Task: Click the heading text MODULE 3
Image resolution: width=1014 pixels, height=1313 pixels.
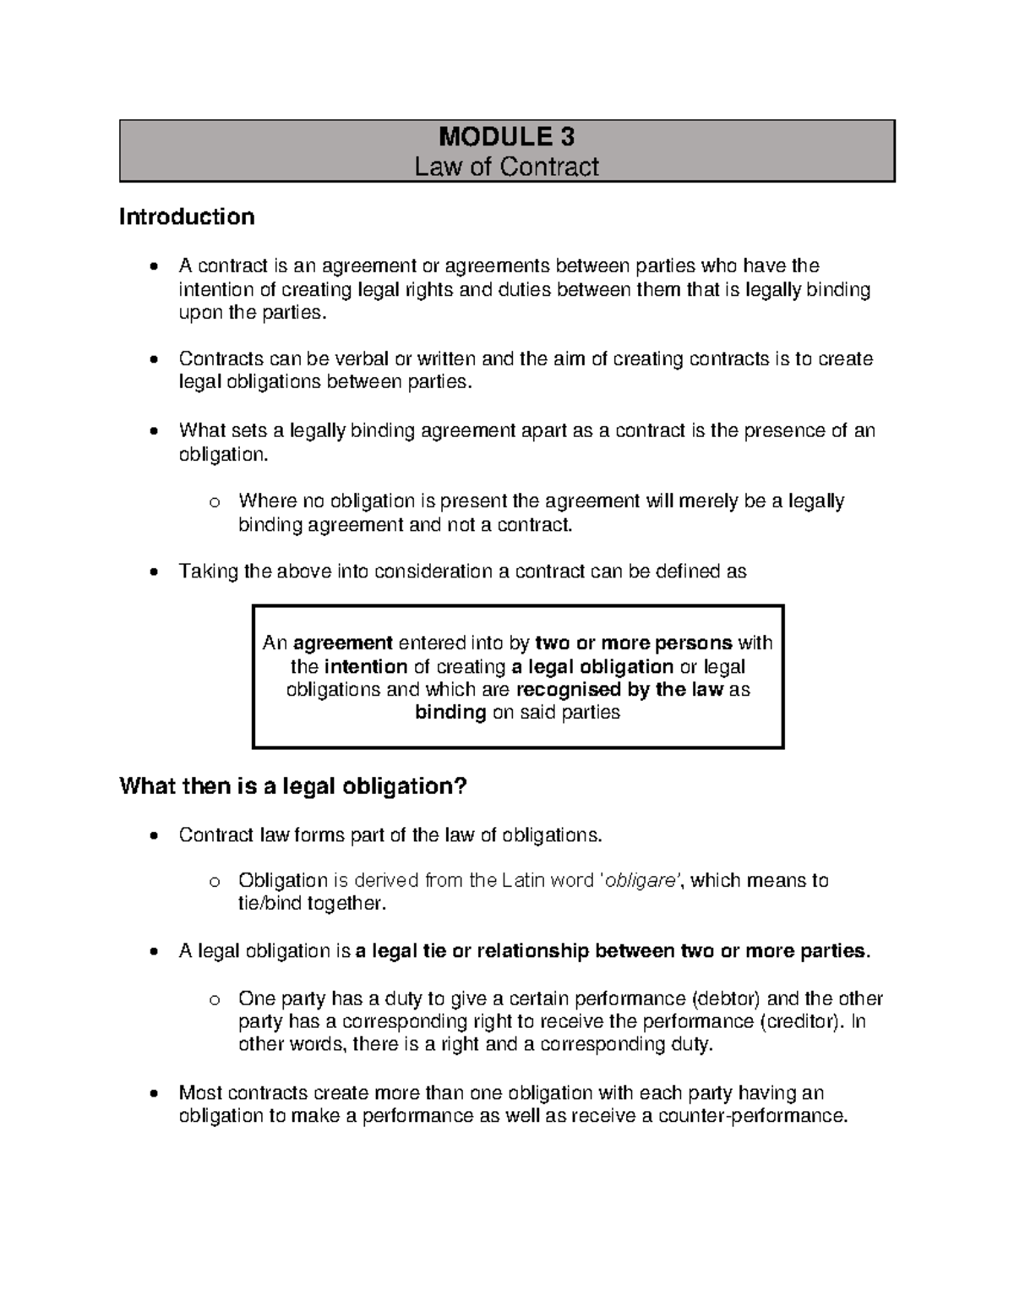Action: point(507,137)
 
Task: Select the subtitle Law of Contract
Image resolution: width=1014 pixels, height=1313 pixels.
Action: point(506,167)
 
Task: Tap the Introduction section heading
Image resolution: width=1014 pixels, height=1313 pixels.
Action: point(187,217)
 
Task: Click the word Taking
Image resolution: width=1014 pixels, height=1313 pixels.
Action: point(209,572)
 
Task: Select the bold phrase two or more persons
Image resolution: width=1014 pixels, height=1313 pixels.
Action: point(634,643)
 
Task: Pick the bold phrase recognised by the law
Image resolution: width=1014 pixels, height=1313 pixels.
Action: point(619,689)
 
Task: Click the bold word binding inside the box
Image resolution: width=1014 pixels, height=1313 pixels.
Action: point(450,713)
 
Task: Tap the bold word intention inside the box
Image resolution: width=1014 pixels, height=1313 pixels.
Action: point(366,666)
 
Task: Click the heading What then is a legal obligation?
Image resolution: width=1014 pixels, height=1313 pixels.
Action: point(293,786)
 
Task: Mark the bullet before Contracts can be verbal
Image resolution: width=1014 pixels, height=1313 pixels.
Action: point(152,360)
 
